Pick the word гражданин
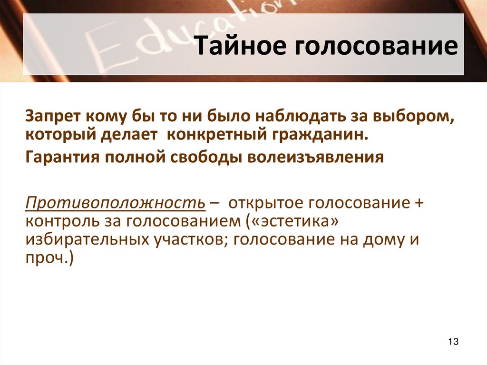[x=319, y=134]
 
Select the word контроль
[x=59, y=221]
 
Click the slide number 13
[x=453, y=342]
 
